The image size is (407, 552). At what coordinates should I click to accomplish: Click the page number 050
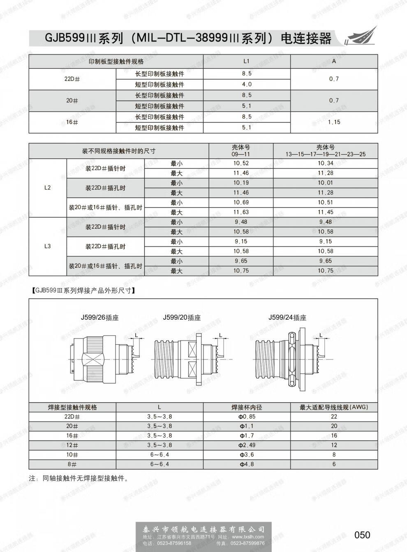click(x=362, y=535)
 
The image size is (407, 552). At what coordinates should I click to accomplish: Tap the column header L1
click(x=247, y=61)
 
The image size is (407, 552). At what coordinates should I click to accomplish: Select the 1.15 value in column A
click(x=334, y=122)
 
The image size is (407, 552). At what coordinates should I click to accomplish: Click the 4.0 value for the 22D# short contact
click(x=247, y=85)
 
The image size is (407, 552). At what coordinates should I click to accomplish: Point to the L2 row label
click(x=47, y=188)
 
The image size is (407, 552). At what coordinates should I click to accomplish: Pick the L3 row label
click(x=47, y=246)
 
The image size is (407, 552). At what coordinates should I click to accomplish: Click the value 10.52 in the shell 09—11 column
click(x=241, y=163)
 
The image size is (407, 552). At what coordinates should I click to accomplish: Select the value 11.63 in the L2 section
click(x=241, y=212)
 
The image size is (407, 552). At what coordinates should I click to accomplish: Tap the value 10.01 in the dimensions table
click(x=325, y=183)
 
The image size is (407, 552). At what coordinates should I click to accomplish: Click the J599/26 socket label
click(x=99, y=317)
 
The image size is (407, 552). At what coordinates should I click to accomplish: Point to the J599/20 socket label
click(x=182, y=317)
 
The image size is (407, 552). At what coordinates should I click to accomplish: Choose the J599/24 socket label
click(x=287, y=317)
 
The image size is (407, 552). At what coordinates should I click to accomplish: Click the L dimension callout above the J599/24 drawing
click(x=321, y=335)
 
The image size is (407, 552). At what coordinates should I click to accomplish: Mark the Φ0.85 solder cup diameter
click(x=247, y=416)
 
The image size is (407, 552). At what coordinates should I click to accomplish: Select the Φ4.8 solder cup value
click(x=247, y=464)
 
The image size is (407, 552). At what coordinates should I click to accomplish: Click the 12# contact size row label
click(x=72, y=445)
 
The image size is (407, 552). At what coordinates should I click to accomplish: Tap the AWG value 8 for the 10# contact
click(x=334, y=455)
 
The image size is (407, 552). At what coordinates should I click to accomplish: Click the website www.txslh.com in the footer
click(x=248, y=537)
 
